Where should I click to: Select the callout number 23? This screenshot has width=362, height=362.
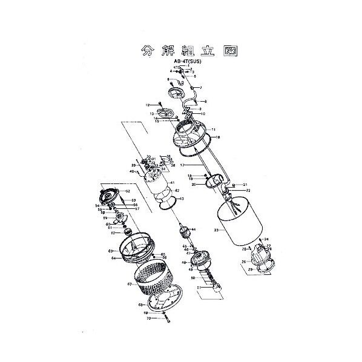[215, 230]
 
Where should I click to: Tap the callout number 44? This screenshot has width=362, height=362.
[194, 229]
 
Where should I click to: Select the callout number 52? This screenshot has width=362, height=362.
[128, 191]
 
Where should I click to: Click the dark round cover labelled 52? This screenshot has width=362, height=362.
[109, 197]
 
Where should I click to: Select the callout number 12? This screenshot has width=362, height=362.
[147, 105]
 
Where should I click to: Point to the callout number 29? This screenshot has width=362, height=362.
[249, 269]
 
